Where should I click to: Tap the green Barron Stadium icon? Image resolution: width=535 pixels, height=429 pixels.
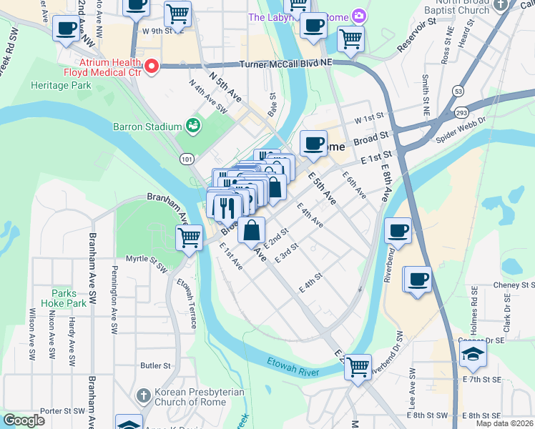(192, 127)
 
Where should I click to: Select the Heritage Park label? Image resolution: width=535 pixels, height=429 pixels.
(61, 85)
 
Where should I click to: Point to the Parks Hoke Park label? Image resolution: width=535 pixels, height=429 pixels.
(69, 298)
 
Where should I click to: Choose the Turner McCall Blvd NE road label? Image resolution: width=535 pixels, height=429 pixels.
(287, 64)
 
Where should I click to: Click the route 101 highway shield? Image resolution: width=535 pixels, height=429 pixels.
(186, 159)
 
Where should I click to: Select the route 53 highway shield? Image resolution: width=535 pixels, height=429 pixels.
(458, 91)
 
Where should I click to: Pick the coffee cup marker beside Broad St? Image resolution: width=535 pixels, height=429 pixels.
(313, 143)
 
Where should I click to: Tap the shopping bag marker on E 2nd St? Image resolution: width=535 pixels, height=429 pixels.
(252, 230)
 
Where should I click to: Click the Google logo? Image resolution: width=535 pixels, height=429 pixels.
(24, 420)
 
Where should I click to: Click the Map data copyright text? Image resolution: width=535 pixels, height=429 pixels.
(504, 423)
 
